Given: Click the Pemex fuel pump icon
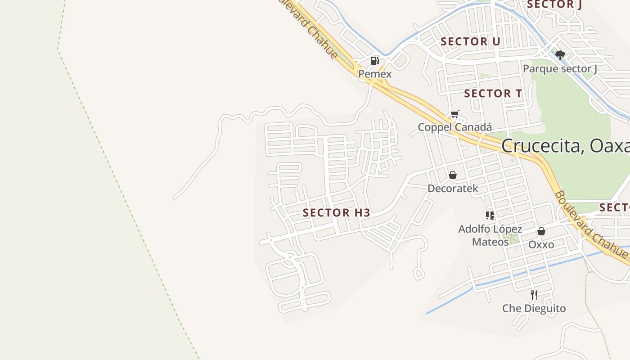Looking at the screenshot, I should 374,61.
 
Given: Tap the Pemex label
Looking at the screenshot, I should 375,74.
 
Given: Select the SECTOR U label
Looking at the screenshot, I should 470,42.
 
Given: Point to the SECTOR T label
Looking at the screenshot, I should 493,94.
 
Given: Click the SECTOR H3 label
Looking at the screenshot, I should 337,213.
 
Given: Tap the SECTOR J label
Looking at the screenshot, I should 554,4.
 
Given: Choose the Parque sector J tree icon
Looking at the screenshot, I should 560,55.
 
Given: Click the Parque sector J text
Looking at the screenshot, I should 560,69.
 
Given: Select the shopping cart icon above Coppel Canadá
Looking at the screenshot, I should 455,114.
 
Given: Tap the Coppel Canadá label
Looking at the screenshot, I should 454,127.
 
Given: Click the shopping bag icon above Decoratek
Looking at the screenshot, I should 453,175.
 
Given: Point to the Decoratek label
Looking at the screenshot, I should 453,188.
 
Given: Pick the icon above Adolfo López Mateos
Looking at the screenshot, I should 490,216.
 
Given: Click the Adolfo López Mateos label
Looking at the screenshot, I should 490,235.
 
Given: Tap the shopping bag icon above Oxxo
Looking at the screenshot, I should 541,231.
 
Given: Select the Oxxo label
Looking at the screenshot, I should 541,245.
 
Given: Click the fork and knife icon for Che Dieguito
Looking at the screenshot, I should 534,295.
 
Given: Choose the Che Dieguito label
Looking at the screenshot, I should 534,309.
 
